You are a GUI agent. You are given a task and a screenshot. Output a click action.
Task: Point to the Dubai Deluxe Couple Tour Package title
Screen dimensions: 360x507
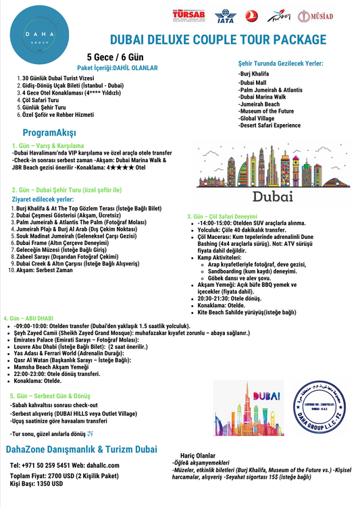(x=217, y=41)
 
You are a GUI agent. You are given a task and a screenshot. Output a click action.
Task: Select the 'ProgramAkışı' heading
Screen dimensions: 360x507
(x=49, y=132)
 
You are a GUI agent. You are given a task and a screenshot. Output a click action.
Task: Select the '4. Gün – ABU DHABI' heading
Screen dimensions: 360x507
(x=30, y=317)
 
